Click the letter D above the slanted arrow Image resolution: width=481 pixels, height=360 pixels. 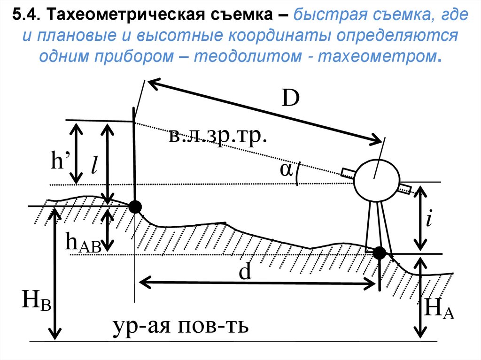point(291,99)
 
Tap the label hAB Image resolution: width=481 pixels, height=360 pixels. point(83,244)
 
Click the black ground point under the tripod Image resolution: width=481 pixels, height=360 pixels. point(379,253)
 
